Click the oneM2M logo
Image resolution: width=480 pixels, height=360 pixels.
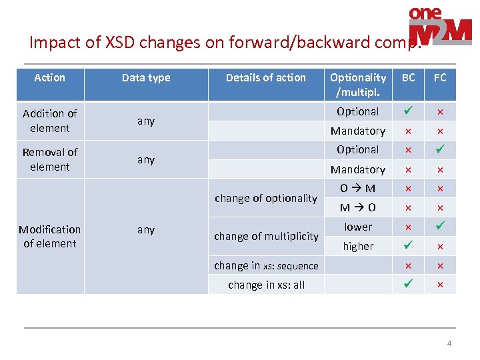pos(439,27)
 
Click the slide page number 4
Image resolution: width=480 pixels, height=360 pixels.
pos(449,343)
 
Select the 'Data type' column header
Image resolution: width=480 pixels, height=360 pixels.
pos(146,78)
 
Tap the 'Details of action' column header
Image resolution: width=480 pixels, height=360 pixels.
pos(265,78)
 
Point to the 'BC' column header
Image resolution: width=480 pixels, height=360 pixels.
pos(408,78)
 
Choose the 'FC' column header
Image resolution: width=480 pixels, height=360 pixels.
pos(440,78)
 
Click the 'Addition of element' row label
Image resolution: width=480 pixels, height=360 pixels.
pos(50,121)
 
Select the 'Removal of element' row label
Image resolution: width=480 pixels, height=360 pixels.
pos(50,159)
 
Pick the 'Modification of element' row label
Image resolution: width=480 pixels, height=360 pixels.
pos(50,236)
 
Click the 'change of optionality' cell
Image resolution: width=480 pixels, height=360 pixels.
pos(265,198)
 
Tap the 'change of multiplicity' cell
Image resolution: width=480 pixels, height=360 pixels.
pos(265,236)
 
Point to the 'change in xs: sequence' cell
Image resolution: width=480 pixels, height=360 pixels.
pos(266,265)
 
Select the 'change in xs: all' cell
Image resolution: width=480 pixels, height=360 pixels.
pos(266,285)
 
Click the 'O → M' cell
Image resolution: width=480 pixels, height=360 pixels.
pos(358,188)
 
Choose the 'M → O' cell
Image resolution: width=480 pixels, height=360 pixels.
pos(358,207)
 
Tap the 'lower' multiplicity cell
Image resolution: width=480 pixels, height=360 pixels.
pos(358,227)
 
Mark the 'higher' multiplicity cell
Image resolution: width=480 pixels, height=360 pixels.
pos(358,246)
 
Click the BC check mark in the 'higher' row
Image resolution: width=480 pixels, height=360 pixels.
pos(408,246)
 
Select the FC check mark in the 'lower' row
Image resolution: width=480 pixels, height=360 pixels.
pos(440,227)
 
